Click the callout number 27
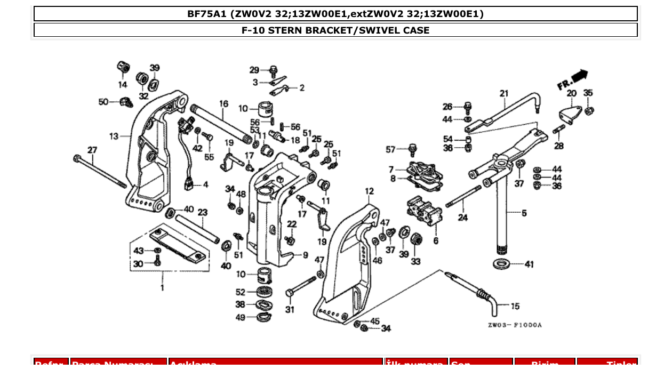[x=92, y=150]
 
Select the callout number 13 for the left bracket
[x=114, y=136]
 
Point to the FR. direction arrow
[x=573, y=79]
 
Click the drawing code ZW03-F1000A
[x=514, y=325]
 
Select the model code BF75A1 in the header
[x=207, y=14]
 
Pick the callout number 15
[x=515, y=306]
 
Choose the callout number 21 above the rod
[x=504, y=94]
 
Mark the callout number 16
[x=223, y=103]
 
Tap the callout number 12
[x=369, y=191]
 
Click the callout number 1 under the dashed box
[x=162, y=288]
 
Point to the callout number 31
[x=289, y=309]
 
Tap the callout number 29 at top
[x=254, y=70]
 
